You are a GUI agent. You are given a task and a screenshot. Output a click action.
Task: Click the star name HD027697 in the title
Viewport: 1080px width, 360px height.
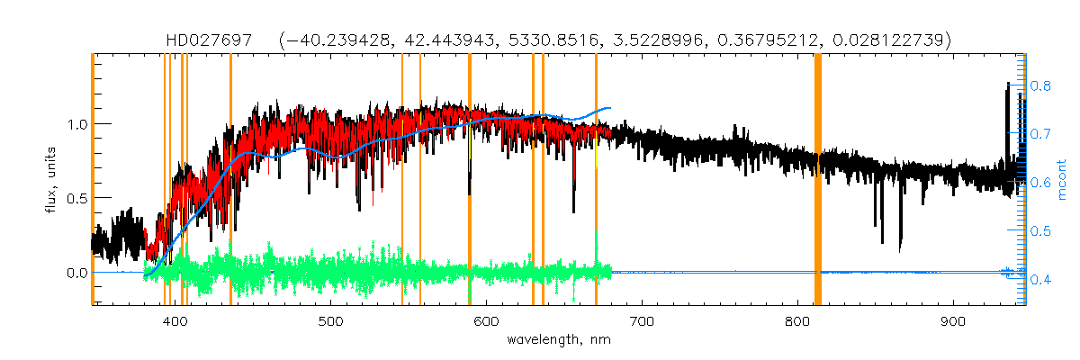point(215,40)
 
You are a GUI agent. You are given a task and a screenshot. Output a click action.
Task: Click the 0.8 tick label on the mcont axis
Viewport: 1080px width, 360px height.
point(1040,86)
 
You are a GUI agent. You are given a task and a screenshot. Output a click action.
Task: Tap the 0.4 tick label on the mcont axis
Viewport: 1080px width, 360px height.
point(1040,280)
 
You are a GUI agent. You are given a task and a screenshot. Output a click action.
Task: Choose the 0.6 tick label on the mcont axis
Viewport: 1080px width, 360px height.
point(1040,183)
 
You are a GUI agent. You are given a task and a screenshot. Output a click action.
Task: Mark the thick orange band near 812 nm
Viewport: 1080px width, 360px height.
point(818,180)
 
